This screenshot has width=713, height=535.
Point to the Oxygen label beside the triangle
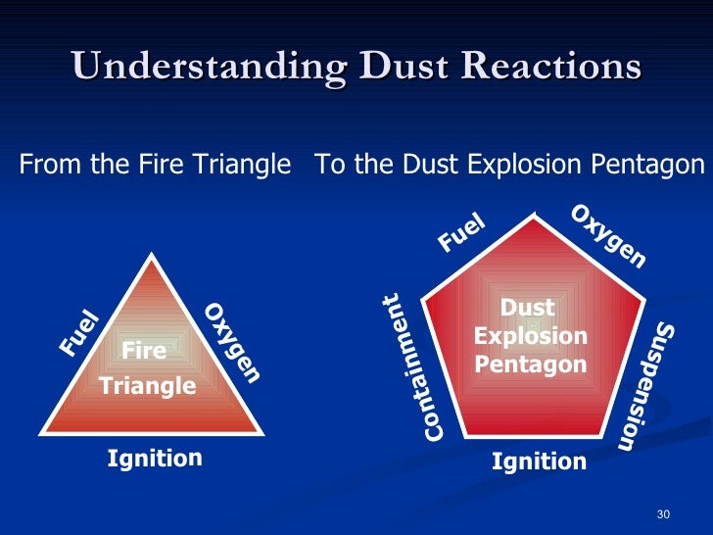point(233,343)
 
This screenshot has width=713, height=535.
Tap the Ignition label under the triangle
point(155,458)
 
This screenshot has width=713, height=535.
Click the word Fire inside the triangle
point(143,351)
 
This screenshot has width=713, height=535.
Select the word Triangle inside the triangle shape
point(148,386)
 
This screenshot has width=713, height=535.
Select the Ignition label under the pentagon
point(539,461)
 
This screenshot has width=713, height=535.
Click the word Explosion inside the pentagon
point(531,337)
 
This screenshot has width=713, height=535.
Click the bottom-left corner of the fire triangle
point(39,432)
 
